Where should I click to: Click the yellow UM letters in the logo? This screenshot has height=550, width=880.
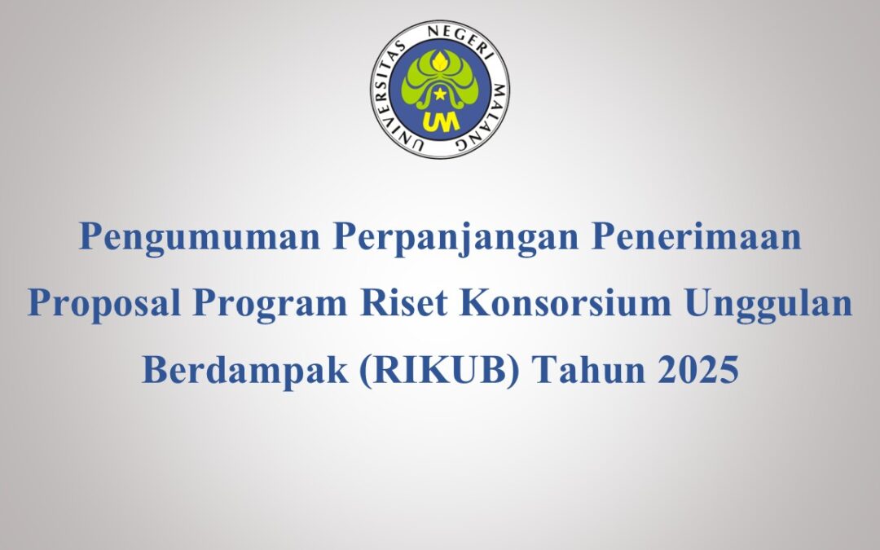440,121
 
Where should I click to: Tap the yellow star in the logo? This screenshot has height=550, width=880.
440,95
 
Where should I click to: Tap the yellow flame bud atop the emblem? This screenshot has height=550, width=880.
440,58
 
